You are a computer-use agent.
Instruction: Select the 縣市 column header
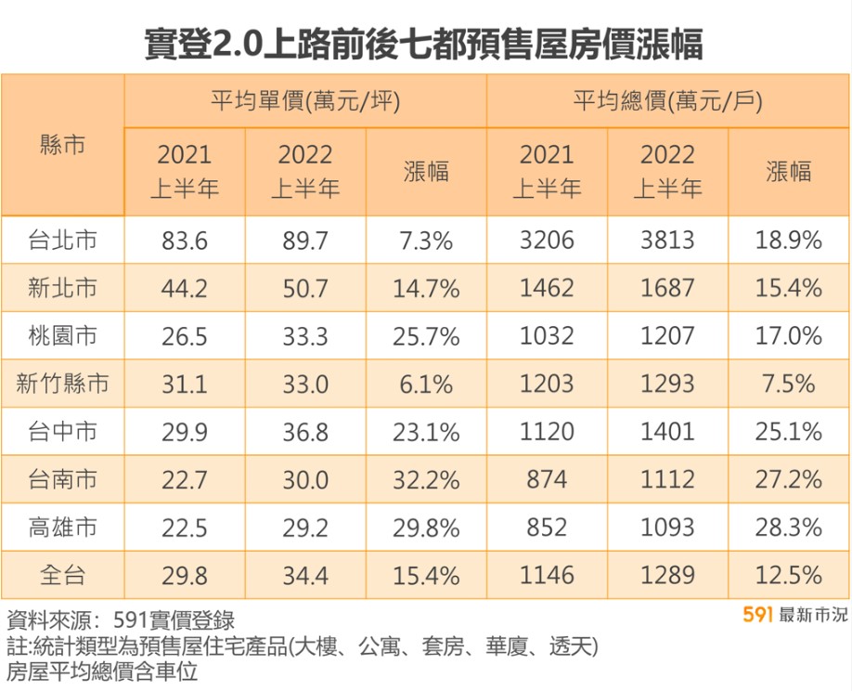pos(63,145)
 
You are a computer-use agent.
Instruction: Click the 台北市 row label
pos(63,241)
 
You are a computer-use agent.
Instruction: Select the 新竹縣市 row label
pos(63,384)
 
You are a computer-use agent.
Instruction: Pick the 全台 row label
pos(63,576)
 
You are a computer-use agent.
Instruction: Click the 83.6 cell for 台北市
pos(185,241)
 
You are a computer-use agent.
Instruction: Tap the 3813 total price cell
pos(667,241)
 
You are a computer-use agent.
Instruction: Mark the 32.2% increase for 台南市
pos(426,480)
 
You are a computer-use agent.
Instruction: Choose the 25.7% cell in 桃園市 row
pos(426,336)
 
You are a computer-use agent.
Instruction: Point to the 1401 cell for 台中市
pos(667,432)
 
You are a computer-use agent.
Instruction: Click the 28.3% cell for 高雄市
pos(789,528)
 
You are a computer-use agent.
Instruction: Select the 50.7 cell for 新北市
pos(305,289)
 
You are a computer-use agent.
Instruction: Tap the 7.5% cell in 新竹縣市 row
pos(789,384)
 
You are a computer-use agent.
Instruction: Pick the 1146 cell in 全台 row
pos(547,576)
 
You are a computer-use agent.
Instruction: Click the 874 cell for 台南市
pos(547,480)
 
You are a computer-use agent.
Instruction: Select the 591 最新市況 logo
pos(795,615)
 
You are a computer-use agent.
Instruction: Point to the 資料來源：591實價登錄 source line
pos(121,620)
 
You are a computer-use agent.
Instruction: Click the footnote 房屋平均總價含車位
pos(102,671)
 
